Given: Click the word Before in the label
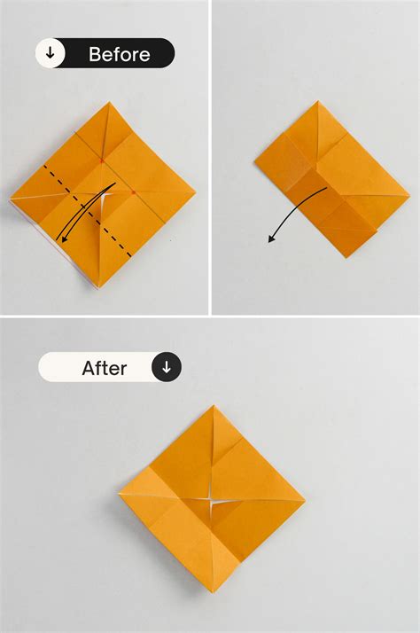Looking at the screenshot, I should [118, 53].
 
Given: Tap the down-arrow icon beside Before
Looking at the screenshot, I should [51, 53].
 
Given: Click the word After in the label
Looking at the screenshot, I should [105, 367].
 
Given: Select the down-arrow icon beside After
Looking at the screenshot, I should [167, 367].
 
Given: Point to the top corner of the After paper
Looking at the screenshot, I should [213, 406].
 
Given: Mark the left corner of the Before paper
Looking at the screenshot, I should [11, 198].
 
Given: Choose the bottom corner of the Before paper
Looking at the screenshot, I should [99, 286].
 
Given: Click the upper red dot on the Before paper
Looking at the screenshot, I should [103, 160].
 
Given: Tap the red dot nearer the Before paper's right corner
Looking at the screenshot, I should [133, 191].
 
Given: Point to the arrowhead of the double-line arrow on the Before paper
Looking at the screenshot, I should [60, 239].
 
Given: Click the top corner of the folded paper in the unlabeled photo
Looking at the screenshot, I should [316, 101].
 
